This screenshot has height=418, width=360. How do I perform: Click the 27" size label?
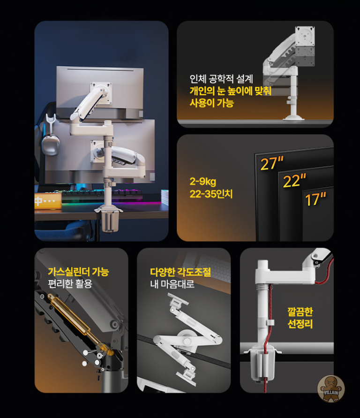272,163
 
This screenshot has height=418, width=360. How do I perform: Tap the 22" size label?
294,181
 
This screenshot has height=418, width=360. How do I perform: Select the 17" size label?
315,199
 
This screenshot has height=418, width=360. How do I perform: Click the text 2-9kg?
202,182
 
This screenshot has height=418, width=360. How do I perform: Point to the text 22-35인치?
211,194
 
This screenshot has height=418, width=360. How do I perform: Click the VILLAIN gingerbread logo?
331,388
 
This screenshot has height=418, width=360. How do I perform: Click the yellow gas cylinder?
81,325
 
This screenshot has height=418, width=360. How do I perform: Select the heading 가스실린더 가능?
79,272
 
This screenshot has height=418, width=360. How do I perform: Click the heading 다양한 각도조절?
180,272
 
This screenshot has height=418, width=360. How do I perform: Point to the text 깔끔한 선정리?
300,318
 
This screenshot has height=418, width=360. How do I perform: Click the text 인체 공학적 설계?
221,79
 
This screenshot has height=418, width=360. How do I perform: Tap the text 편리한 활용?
70,284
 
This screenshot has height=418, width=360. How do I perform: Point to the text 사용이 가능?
212,103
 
